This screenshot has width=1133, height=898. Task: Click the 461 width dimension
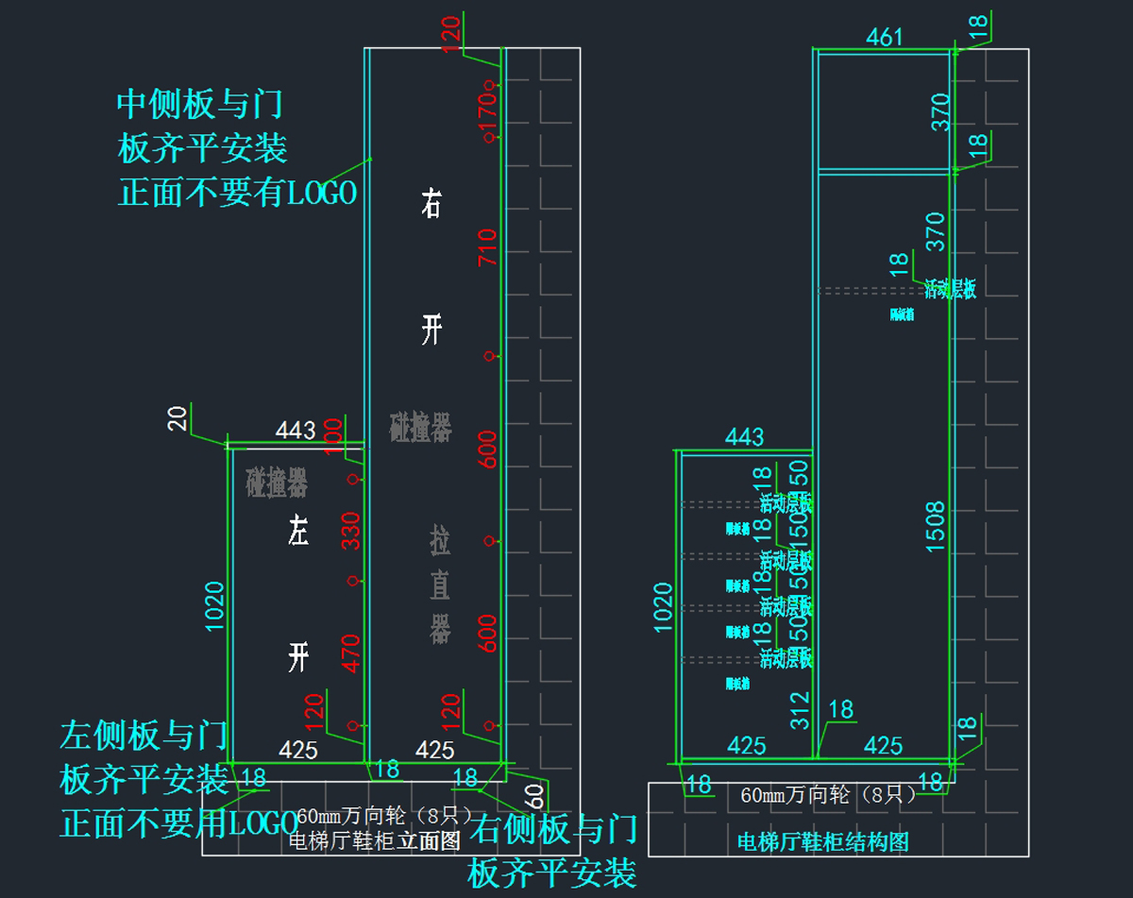pyautogui.click(x=885, y=37)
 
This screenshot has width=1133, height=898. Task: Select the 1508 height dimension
pyautogui.click(x=936, y=526)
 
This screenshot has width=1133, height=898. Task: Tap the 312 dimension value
pyautogui.click(x=799, y=711)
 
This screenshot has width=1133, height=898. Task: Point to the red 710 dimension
pyautogui.click(x=487, y=247)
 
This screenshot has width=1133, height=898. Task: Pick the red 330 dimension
pyautogui.click(x=351, y=530)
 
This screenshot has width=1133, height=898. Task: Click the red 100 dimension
pyautogui.click(x=332, y=435)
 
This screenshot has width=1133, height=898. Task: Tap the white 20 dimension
pyautogui.click(x=178, y=417)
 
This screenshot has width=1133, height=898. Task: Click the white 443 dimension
pyautogui.click(x=295, y=431)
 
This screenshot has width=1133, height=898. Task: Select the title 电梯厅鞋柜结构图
pyautogui.click(x=821, y=841)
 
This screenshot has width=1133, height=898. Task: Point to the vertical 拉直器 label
pyautogui.click(x=440, y=585)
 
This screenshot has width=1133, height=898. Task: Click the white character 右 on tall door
pyautogui.click(x=431, y=203)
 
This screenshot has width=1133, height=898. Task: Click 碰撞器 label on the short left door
pyautogui.click(x=277, y=483)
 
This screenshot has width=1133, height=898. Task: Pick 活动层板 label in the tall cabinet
pyautogui.click(x=950, y=289)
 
